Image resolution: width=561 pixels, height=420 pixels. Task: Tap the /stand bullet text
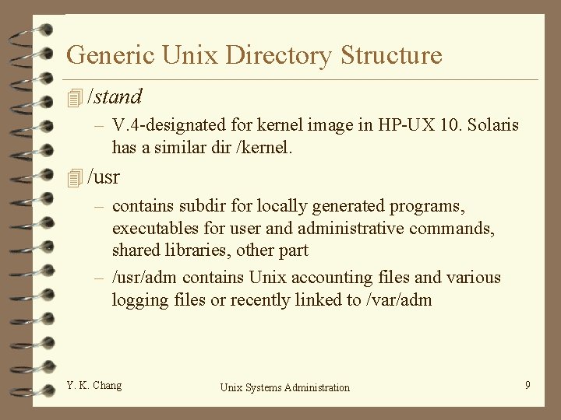click(x=115, y=97)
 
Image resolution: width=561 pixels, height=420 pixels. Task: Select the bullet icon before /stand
click(x=75, y=98)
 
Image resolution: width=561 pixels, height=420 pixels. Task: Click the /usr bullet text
click(x=104, y=177)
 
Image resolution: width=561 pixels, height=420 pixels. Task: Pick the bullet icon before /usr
click(x=75, y=178)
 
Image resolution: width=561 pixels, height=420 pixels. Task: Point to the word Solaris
click(x=495, y=124)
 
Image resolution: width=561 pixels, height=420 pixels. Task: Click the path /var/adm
click(x=397, y=299)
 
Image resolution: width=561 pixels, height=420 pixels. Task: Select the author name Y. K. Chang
click(x=94, y=385)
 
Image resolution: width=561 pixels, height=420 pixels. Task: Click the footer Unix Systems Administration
click(x=285, y=387)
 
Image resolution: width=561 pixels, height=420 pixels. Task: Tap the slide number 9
click(x=527, y=385)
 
